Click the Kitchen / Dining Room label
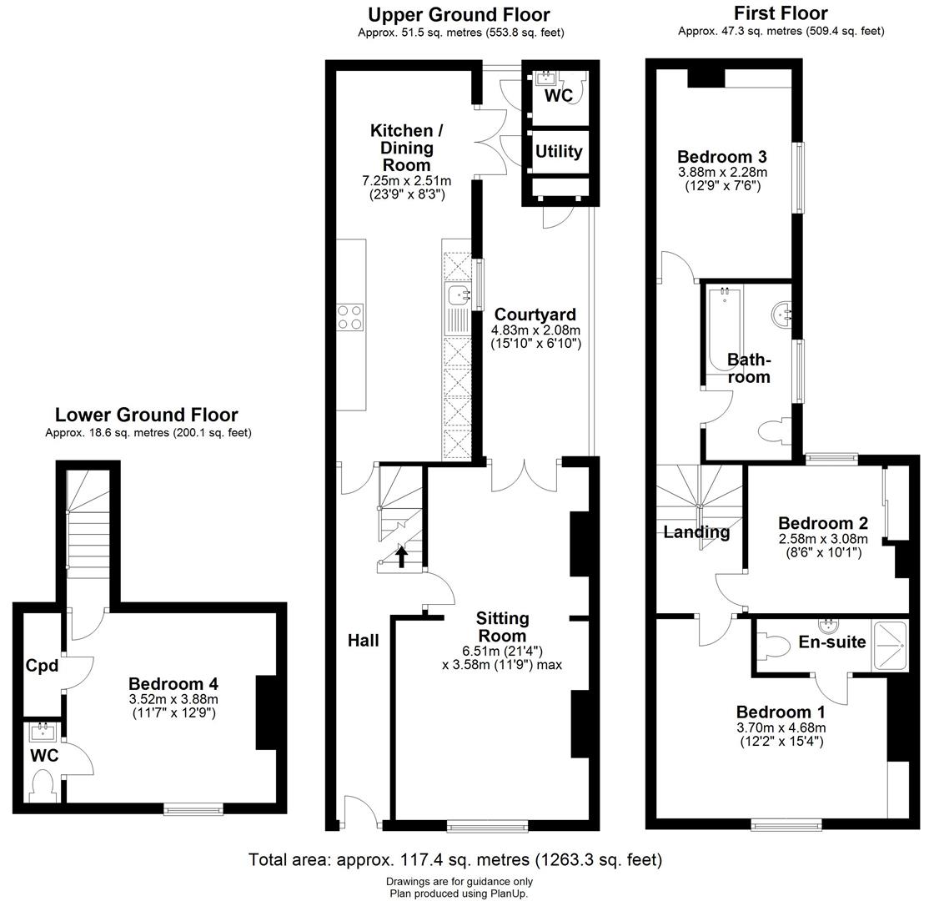coord(402,148)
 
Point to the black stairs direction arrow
coord(401,556)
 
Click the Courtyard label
coord(535,315)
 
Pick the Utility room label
coord(558,152)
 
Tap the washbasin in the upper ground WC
coord(546,78)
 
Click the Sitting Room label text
coord(502,627)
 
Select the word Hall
coord(364,641)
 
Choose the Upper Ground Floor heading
coord(459,15)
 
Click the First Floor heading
coord(781,13)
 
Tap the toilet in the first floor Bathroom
coord(772,430)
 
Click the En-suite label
coord(831,642)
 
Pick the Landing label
coord(696,532)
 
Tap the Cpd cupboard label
coord(42,666)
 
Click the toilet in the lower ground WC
coord(41,784)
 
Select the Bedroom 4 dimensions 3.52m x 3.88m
coord(173,699)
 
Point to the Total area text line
coord(455,859)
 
